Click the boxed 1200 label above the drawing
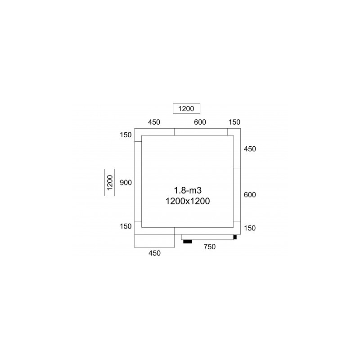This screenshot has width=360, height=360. point(186,108)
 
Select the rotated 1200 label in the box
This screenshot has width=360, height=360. point(110,183)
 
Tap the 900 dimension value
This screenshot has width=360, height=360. point(126,183)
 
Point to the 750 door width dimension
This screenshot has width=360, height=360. point(210,247)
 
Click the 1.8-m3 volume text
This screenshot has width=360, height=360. point(188,190)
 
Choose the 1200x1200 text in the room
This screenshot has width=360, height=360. point(188,201)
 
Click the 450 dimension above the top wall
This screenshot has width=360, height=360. point(154,122)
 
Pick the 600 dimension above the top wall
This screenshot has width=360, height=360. point(200,122)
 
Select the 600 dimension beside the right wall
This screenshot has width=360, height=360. point(250,195)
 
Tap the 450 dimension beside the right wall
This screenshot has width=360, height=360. point(250,149)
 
